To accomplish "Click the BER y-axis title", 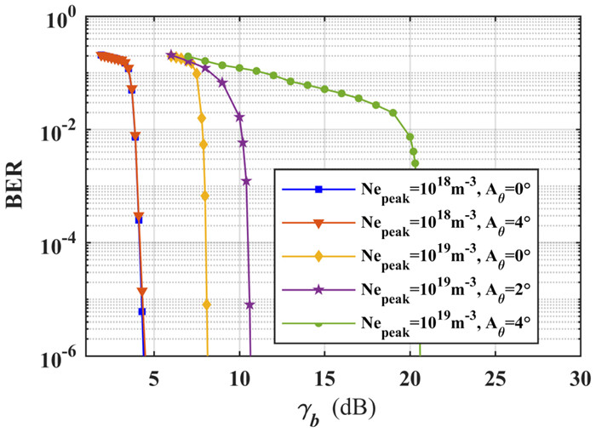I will (x=19, y=184).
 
